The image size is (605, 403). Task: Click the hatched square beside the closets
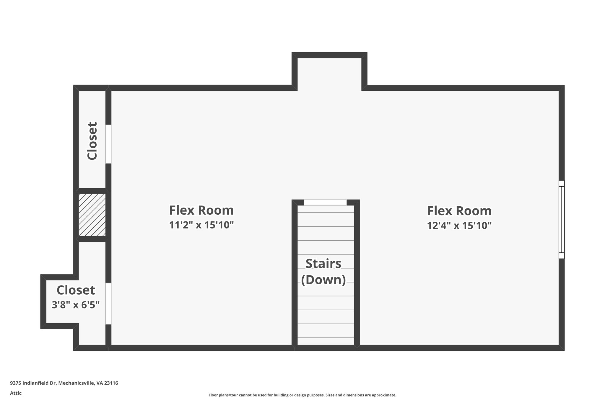[x=92, y=215]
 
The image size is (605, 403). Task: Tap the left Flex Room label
[x=201, y=211]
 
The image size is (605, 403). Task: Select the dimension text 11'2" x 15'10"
[x=201, y=225]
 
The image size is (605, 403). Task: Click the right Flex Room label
[x=459, y=211]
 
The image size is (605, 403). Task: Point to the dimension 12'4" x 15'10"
[x=459, y=226]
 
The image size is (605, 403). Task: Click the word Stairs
[x=323, y=264]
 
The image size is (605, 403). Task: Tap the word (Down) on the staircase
[x=323, y=280]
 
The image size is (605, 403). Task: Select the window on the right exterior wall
[x=561, y=219]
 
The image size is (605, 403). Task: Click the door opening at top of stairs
[x=325, y=203]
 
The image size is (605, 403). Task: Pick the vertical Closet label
[x=92, y=141]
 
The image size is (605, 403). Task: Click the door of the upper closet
[x=108, y=144]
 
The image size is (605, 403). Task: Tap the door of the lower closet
[x=108, y=304]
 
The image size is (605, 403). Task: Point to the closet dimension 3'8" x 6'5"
[x=76, y=305]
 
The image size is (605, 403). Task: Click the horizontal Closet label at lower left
[x=76, y=290]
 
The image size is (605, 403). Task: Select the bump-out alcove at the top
[x=329, y=72]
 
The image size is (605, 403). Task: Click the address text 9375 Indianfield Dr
[x=33, y=383]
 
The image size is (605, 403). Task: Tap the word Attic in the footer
[x=16, y=393]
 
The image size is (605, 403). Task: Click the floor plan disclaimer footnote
[x=302, y=395]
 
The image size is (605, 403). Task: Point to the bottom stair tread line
[x=326, y=338]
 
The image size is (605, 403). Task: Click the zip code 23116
[x=111, y=383]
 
